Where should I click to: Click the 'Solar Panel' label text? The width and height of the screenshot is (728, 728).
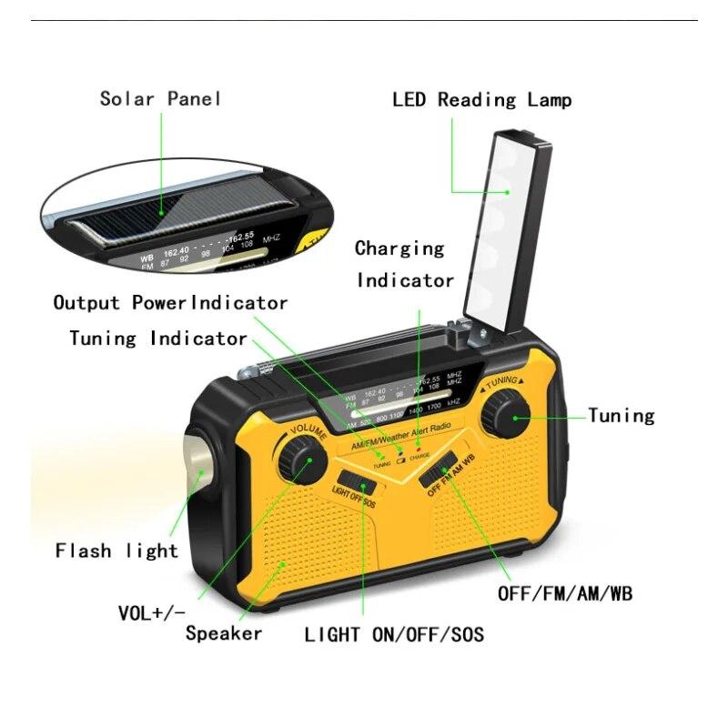(160, 98)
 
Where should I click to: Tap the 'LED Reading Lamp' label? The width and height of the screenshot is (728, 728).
(481, 99)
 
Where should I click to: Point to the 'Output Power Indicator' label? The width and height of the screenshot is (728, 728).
(170, 303)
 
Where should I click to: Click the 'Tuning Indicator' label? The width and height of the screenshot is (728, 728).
(158, 339)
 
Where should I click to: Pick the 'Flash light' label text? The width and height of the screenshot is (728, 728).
(116, 551)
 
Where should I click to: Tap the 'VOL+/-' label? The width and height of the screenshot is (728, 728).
(151, 612)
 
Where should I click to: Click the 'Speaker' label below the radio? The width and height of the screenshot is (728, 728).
(224, 633)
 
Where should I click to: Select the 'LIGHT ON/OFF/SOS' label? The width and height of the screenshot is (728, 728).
(394, 634)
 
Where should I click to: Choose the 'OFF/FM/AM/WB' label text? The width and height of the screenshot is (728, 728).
(564, 594)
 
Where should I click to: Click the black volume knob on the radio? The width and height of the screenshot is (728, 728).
(302, 460)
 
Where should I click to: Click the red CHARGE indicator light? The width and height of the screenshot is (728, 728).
(418, 448)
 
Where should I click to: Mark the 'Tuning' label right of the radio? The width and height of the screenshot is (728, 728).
(621, 416)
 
